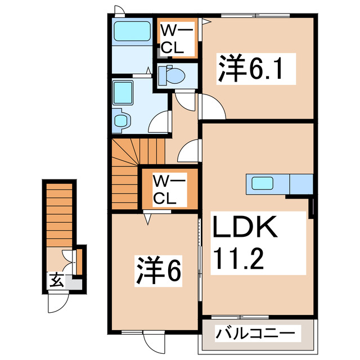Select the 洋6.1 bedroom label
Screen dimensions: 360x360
click(249, 70)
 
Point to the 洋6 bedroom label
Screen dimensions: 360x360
click(157, 272)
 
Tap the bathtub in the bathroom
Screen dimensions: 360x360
click(130, 33)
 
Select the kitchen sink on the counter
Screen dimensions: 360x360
click(262, 183)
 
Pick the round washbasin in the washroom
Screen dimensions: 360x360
click(121, 120)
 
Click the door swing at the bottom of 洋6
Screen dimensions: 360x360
click(153, 341)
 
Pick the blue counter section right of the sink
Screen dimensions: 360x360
click(300, 183)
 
